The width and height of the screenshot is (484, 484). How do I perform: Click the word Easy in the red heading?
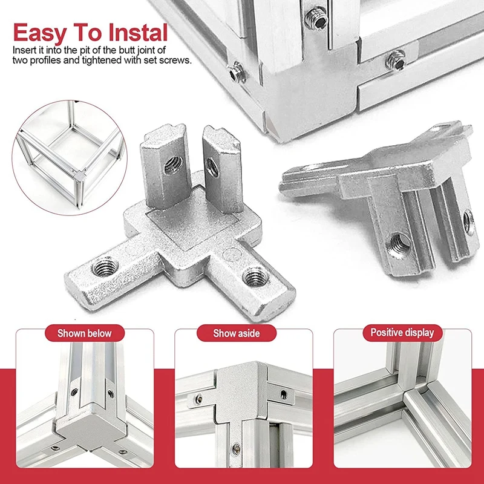coord(40,33)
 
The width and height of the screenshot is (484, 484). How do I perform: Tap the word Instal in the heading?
coord(138,32)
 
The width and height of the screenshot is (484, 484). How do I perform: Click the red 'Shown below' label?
coord(85,333)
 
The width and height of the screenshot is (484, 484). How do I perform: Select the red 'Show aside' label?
coord(237,333)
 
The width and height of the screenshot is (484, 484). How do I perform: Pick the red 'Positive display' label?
coord(402,332)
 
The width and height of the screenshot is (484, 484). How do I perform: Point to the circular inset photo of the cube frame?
coord(70,157)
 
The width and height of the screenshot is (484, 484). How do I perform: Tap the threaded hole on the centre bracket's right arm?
coord(255,276)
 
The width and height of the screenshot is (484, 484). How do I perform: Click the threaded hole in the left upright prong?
coord(174,165)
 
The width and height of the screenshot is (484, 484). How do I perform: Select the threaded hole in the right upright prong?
coord(212,167)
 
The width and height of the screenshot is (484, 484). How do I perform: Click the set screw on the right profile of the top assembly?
coord(396,60)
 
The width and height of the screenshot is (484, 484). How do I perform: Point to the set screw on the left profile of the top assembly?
coord(237,73)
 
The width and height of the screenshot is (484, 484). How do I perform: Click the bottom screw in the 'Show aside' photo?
coord(236,449)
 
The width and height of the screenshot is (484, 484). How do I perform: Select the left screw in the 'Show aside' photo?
coord(199,399)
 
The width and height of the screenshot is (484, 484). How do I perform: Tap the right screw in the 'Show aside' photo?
coord(284,394)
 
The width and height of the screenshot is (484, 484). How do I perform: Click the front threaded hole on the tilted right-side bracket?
coord(399,244)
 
